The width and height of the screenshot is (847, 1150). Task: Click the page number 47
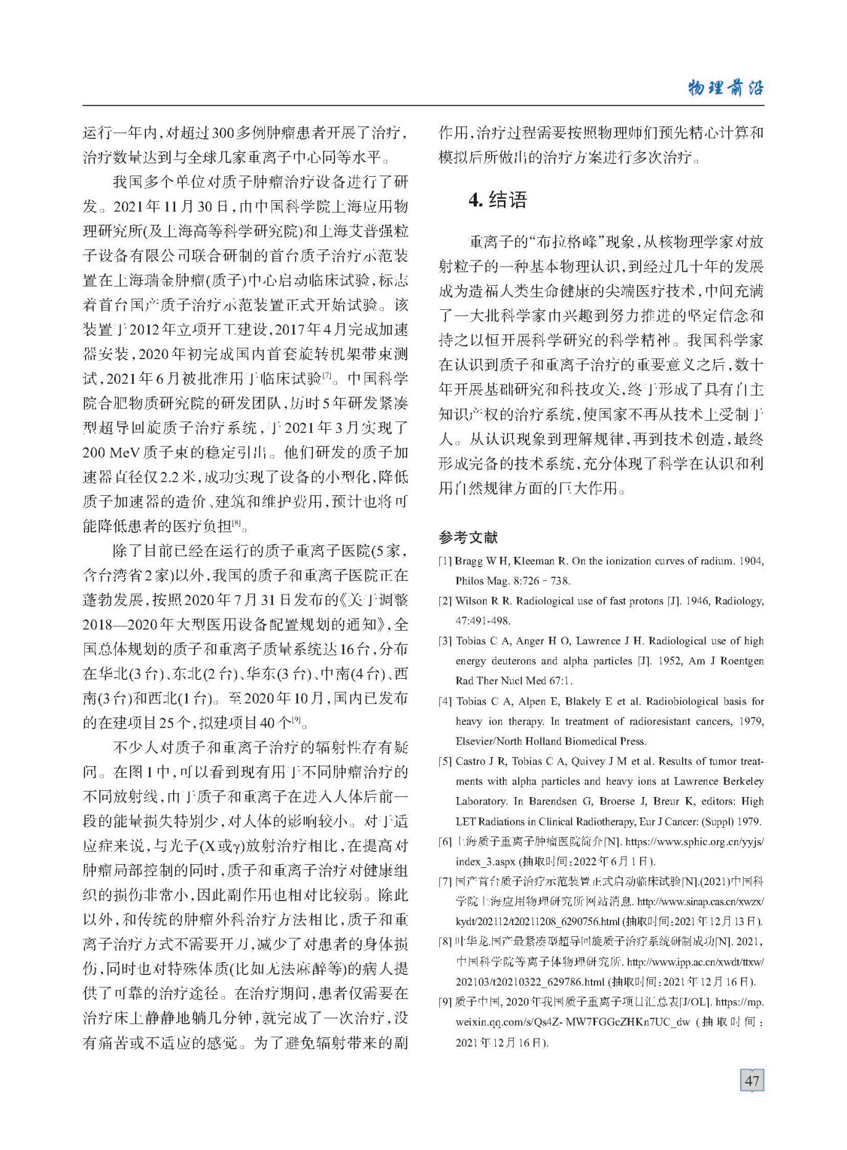[752, 1080]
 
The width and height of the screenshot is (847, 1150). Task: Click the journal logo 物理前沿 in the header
[725, 87]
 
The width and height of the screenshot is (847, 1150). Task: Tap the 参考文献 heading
[468, 537]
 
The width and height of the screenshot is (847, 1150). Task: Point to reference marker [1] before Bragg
[445, 561]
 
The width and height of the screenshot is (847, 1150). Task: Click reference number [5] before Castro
[445, 761]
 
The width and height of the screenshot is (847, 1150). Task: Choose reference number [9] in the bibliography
[445, 1002]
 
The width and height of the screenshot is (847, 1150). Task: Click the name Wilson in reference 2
[471, 601]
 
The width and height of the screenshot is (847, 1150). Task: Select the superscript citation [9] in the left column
[296, 718]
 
